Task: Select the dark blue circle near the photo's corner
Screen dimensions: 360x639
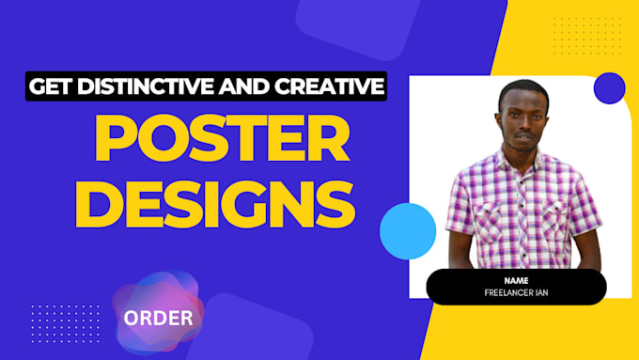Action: tap(610, 87)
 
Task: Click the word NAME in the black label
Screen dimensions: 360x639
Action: tap(516, 279)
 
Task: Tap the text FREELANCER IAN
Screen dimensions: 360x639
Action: tap(516, 292)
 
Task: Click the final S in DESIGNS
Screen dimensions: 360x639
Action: tap(335, 204)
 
